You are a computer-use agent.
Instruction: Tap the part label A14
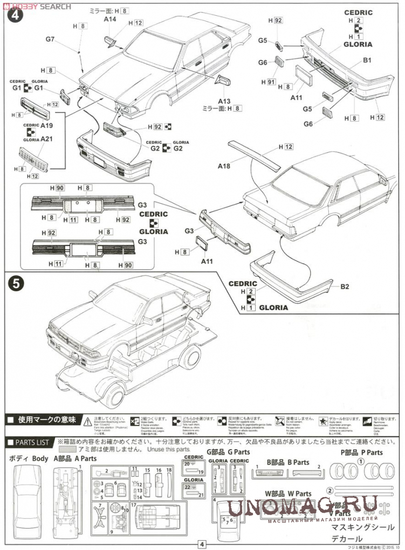(x=110, y=19)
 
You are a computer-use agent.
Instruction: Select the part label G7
(x=51, y=39)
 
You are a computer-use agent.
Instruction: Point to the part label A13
(x=224, y=101)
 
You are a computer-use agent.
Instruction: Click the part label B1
(x=367, y=60)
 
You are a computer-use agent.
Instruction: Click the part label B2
(x=345, y=286)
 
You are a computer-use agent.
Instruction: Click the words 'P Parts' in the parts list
(x=372, y=453)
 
